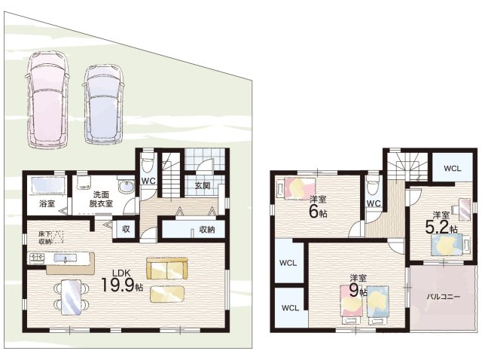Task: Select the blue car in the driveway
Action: coord(104,105)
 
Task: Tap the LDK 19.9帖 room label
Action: coord(122,281)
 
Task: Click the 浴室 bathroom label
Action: coord(47,203)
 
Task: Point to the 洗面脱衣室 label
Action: coord(101,199)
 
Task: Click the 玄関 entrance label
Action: coord(203,186)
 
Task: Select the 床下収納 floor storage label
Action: coord(45,237)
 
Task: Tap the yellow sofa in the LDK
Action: coord(167,269)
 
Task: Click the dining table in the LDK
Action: coord(72,297)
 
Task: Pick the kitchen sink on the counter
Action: coord(66,258)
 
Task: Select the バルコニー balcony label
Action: coord(443,297)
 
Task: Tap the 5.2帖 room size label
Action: coord(441,227)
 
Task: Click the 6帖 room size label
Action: coord(318,212)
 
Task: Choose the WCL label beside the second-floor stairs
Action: coord(453,168)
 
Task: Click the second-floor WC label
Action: coord(374,203)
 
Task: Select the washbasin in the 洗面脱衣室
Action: coord(126,186)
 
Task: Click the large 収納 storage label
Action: coord(206,230)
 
